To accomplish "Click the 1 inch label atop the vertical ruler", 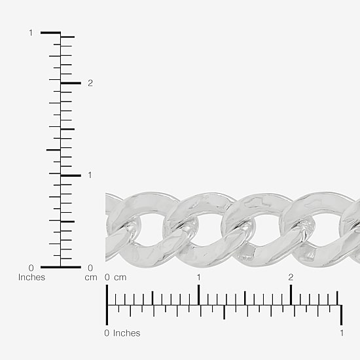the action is point(31,33).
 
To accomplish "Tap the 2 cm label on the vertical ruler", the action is point(90,83).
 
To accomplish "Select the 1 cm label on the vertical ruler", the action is point(90,175).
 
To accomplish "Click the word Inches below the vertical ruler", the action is point(31,278).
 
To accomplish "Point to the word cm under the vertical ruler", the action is point(91,278).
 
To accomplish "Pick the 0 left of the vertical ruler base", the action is point(31,268).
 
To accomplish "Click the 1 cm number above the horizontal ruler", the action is point(198,278).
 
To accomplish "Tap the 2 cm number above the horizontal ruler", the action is point(291,278).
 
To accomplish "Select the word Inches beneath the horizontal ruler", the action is point(126,333).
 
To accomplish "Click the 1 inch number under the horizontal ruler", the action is point(342,333).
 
